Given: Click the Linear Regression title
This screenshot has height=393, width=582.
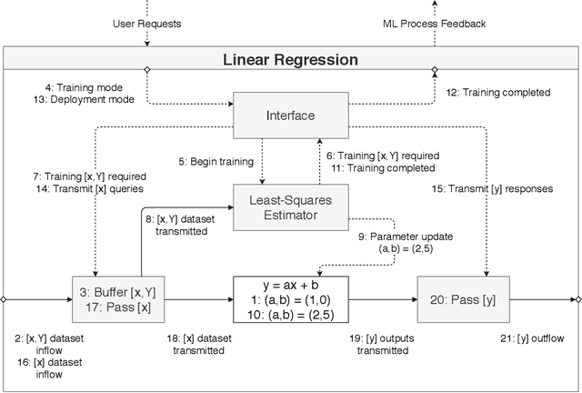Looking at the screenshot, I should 290,60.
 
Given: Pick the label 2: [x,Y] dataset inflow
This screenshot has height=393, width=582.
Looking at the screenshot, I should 43,344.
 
